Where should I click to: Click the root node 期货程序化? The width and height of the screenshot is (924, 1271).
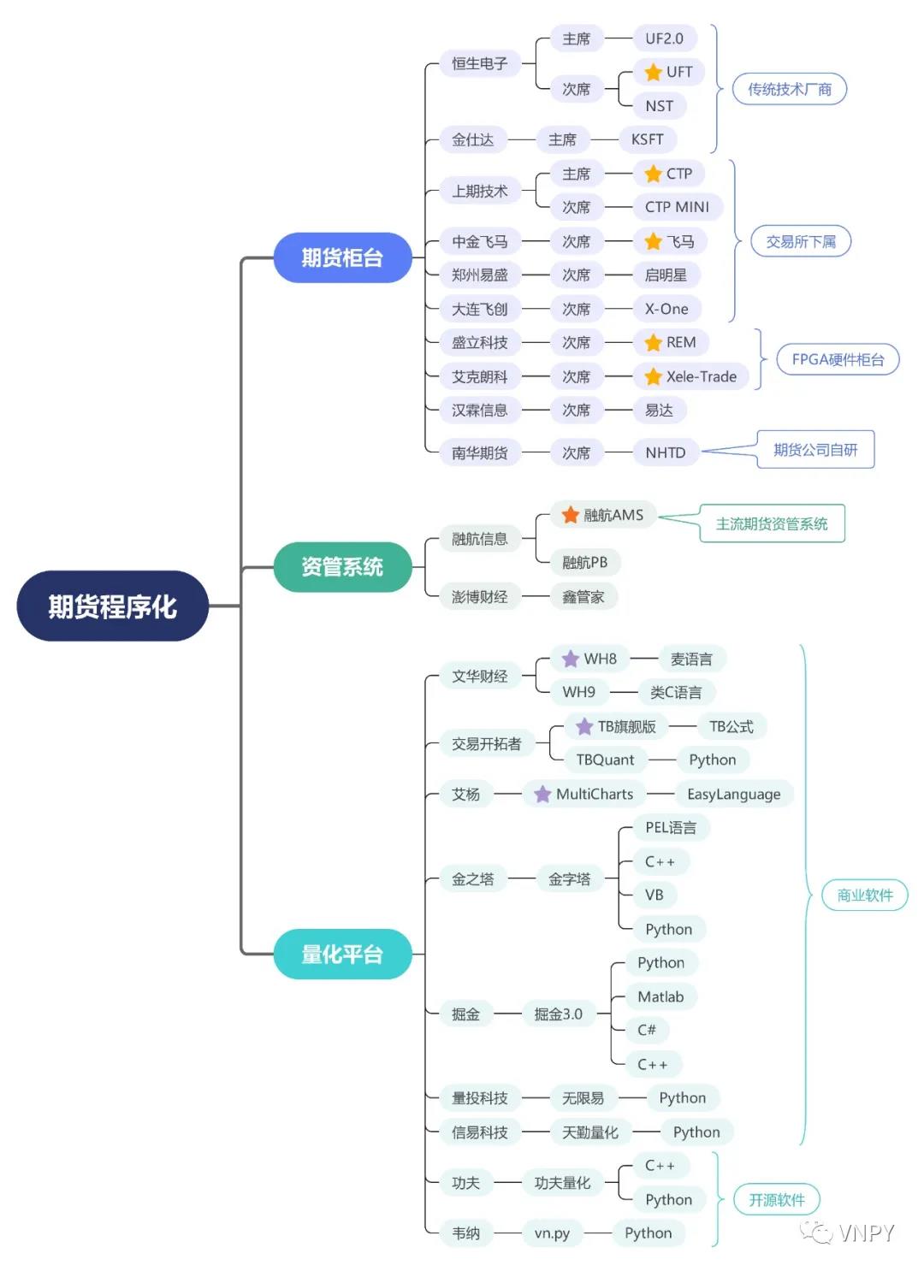(x=112, y=606)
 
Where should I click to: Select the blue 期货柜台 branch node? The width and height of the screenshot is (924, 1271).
(x=342, y=257)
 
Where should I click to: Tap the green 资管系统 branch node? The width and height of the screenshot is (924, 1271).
(x=342, y=566)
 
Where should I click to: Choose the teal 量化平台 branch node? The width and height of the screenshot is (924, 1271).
(x=342, y=954)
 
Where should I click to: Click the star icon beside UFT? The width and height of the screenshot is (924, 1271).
(x=654, y=72)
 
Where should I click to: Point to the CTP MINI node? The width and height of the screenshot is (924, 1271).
(x=677, y=207)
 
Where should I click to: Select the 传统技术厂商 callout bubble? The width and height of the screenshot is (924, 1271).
(x=789, y=89)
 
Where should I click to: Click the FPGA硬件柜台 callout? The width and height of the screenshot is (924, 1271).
(x=838, y=359)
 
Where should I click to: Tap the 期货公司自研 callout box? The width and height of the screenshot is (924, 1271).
(x=814, y=450)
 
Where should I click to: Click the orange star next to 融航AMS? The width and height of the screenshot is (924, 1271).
(x=571, y=515)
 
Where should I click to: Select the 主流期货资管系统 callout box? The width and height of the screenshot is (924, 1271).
(x=771, y=523)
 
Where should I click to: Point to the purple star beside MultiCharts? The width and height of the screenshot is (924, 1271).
(x=542, y=795)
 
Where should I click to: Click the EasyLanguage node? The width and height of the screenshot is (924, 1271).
(x=733, y=795)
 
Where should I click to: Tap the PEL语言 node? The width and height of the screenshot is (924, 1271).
(x=671, y=827)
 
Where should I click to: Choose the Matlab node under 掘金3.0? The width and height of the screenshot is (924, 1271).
(x=660, y=996)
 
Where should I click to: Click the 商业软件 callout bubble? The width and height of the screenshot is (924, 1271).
(x=864, y=896)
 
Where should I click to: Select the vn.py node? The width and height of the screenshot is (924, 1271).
(x=552, y=1233)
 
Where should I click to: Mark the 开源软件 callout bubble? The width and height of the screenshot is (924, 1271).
(x=777, y=1200)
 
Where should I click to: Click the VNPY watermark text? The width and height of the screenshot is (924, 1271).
(x=866, y=1233)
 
